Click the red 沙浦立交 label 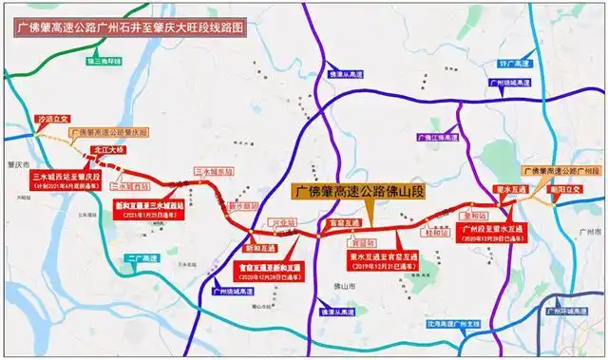pyautogui.click(x=53, y=121)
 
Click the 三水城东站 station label pyautogui.click(x=213, y=172)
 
